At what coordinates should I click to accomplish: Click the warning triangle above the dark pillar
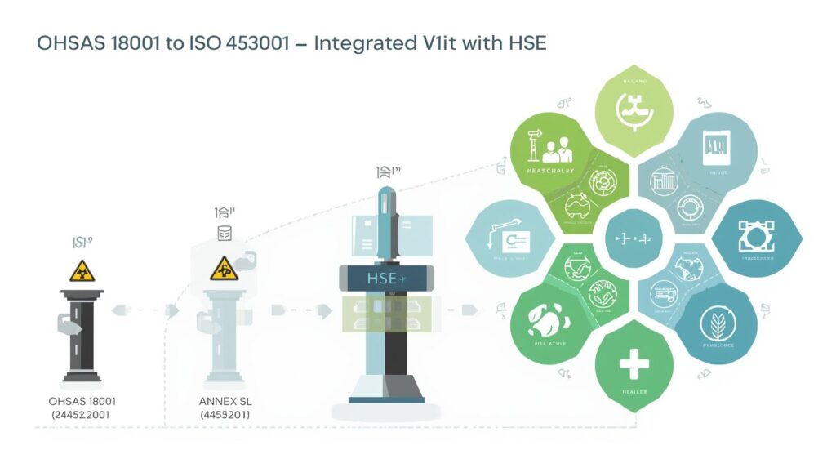point(82,271)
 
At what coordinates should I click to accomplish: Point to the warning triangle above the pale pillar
point(224,269)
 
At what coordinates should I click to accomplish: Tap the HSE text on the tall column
point(382,279)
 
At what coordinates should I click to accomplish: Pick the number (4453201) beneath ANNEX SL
point(225,415)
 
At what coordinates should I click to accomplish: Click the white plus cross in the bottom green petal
point(634,363)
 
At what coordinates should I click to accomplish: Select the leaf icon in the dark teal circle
point(715,324)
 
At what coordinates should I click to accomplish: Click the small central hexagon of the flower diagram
point(633,239)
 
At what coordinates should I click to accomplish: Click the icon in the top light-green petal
point(633,109)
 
